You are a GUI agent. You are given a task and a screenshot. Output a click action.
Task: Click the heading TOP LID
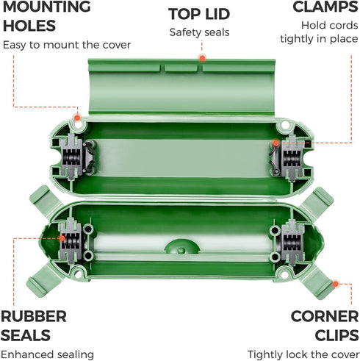click(x=199, y=14)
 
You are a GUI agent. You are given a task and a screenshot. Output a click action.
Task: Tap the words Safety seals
click(x=199, y=32)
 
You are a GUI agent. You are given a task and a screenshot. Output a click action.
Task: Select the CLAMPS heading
click(x=325, y=7)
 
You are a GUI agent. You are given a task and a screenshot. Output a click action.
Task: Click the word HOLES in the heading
click(x=29, y=26)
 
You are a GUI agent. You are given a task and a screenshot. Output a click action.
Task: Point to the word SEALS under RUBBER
click(x=26, y=335)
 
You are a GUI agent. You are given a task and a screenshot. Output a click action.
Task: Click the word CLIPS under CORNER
click(x=336, y=335)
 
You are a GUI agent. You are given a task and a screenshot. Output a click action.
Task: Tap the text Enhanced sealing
click(x=47, y=355)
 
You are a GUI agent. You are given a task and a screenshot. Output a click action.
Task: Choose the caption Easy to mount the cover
click(x=67, y=45)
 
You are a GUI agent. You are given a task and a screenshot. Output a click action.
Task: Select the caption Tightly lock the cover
click(x=303, y=354)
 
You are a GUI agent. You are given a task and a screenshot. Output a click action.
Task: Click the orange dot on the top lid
click(x=202, y=58)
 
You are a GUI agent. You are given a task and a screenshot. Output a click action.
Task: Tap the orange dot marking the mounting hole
click(x=77, y=118)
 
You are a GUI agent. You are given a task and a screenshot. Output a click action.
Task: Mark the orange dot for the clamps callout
click(x=276, y=143)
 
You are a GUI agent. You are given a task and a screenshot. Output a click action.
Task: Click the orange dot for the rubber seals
click(x=62, y=238)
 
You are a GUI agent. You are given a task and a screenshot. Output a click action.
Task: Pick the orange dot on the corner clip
click(x=335, y=284)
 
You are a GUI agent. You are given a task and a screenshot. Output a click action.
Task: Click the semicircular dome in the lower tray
click(x=181, y=246)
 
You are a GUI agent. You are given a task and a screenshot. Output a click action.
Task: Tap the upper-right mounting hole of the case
click(x=284, y=125)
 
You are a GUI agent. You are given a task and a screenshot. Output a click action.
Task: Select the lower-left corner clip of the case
click(x=44, y=279)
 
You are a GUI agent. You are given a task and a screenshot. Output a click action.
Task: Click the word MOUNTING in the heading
click(x=46, y=7)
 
